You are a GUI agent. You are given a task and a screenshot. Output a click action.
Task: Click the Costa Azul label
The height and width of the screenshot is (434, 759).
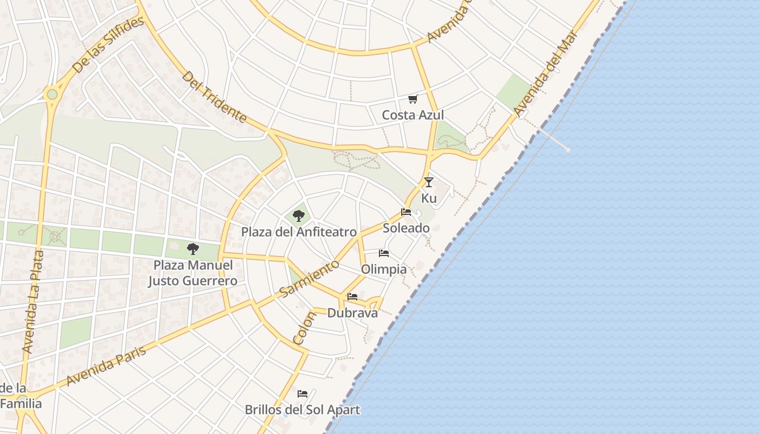(x=413, y=115)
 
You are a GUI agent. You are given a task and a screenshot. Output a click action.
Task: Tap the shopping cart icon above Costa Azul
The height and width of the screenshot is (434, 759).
(x=413, y=99)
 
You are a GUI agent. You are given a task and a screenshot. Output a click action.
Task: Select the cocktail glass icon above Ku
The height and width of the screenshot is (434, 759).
(x=429, y=182)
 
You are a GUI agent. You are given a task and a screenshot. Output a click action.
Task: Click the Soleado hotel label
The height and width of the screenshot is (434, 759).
(x=406, y=228)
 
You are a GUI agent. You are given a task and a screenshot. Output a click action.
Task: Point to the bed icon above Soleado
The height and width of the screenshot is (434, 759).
(x=406, y=212)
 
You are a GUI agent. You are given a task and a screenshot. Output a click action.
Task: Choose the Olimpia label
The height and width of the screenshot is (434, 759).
(x=384, y=269)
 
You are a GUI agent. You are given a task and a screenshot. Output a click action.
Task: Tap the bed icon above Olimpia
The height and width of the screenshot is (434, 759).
(x=384, y=253)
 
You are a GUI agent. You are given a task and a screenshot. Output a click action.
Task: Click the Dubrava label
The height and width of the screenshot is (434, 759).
(x=352, y=313)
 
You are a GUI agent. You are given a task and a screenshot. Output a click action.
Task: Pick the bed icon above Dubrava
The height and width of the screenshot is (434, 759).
(x=352, y=297)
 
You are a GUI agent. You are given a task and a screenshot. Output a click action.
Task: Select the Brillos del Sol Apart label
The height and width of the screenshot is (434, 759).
(x=302, y=410)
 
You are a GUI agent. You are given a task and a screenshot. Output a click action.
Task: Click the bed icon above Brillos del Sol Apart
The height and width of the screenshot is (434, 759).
(x=303, y=393)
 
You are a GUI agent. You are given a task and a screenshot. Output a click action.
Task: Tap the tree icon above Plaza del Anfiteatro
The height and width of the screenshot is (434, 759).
(x=298, y=216)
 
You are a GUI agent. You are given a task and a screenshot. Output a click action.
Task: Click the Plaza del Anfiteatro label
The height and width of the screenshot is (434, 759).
(x=299, y=232)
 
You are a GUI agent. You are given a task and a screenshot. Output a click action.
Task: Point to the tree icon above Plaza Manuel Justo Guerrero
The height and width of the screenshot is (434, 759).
(x=192, y=249)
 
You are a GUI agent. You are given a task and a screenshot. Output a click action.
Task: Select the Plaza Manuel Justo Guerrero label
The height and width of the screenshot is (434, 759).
(x=192, y=273)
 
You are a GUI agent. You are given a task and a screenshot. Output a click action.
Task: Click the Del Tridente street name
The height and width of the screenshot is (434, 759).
(x=214, y=97)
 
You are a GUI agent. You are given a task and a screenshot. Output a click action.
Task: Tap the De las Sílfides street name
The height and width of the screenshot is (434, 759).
(x=108, y=44)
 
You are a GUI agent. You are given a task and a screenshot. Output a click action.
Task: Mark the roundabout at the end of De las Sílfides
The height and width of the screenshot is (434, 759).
(x=52, y=94)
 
